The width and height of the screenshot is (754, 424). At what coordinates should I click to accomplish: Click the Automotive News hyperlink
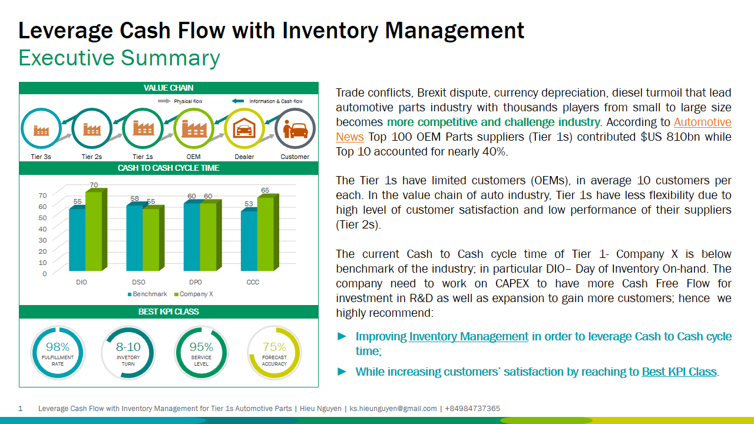702,122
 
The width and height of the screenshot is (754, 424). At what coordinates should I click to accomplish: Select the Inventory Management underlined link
468,337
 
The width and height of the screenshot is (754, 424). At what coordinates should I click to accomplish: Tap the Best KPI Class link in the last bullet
679,372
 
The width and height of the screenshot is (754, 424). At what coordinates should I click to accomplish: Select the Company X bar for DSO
151,241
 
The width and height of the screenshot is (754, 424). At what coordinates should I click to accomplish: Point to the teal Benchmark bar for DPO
192,238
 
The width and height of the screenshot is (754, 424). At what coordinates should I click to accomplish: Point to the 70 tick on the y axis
42,196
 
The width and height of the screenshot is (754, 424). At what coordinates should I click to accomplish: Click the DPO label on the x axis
196,283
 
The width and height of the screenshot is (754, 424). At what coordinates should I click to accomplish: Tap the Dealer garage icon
244,128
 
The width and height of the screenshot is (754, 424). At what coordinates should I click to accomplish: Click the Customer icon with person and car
295,128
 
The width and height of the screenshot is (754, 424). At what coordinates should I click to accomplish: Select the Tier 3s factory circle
41,129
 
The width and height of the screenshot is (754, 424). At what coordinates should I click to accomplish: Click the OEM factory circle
194,128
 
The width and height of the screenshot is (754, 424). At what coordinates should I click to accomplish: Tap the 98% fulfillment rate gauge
58,353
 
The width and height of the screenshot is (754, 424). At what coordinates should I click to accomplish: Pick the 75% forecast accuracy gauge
274,353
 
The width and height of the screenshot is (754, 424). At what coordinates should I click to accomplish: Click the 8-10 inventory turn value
128,347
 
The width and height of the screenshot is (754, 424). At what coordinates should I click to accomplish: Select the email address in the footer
393,409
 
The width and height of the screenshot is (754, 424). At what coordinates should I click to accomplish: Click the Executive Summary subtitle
120,58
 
